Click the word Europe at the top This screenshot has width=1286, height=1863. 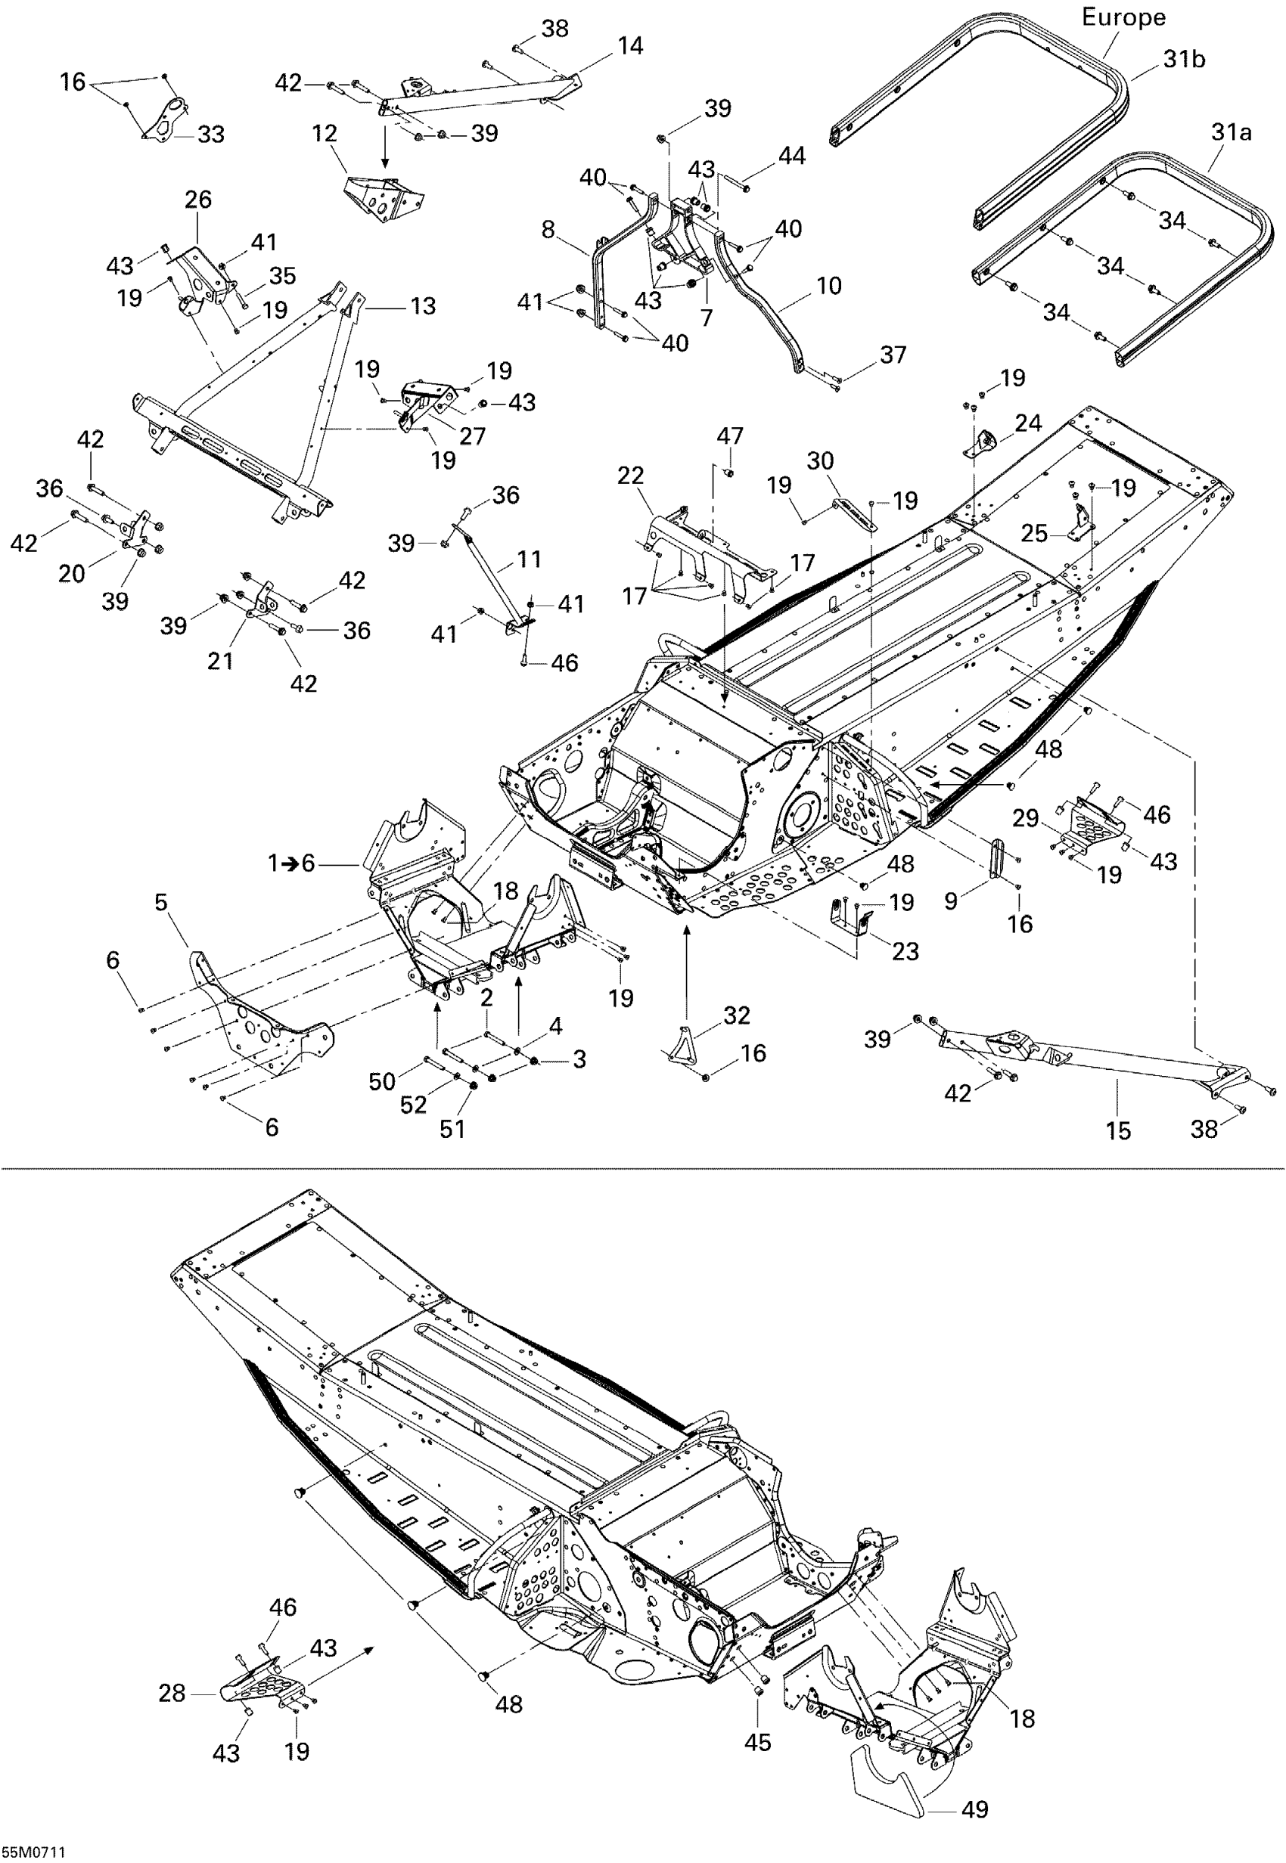(x=1123, y=17)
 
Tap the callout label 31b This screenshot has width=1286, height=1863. (x=1184, y=60)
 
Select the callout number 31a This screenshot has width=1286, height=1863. (x=1232, y=132)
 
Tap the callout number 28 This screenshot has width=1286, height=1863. (x=172, y=1694)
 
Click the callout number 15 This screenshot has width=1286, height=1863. (x=1118, y=1131)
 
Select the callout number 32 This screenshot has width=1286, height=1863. (x=737, y=1015)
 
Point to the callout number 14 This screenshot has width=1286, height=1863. (x=630, y=47)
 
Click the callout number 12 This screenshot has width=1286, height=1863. (x=324, y=134)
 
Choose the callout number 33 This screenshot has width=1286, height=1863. (x=211, y=135)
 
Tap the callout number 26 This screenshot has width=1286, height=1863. (x=198, y=200)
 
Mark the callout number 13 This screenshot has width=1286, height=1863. (x=423, y=306)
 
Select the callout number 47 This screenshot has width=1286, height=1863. (x=730, y=436)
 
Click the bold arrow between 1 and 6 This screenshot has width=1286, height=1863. (x=287, y=863)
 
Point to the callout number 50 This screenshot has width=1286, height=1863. (x=382, y=1081)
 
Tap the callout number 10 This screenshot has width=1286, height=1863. (x=828, y=286)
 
